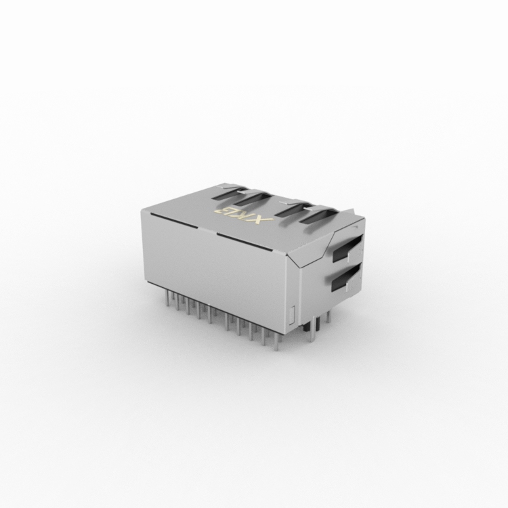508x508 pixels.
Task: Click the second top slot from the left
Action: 253,198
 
